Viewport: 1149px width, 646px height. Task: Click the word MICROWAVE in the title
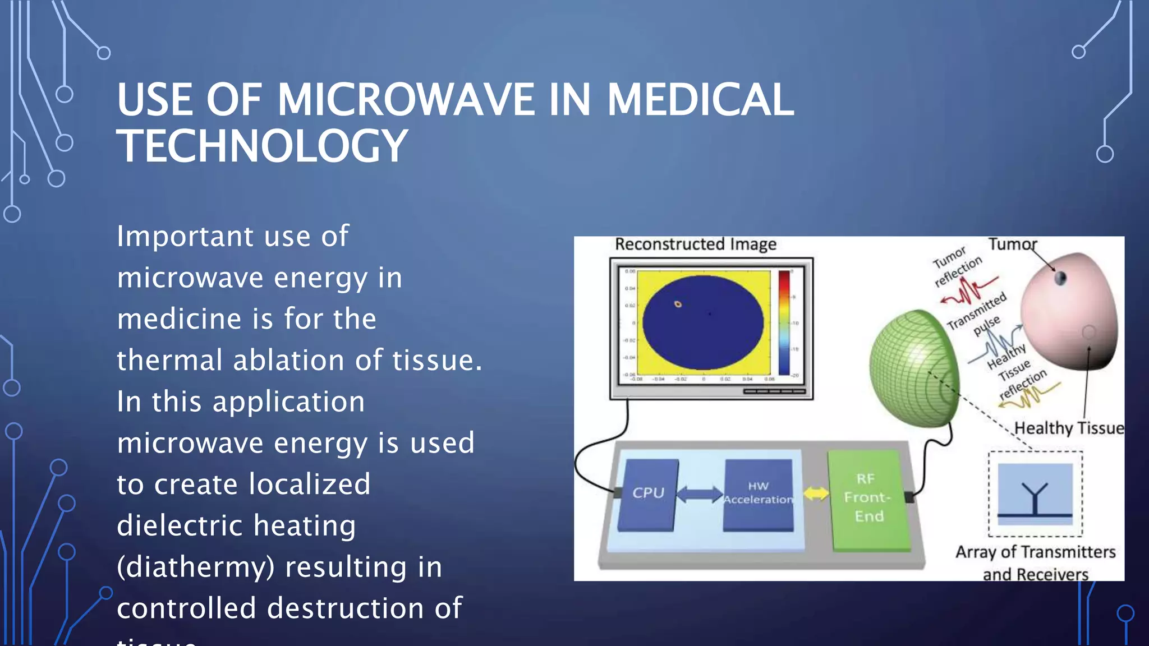406,100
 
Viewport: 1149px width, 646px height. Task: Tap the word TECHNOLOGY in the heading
262,146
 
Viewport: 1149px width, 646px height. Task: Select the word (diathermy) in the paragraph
196,567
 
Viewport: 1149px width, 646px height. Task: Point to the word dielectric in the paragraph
180,525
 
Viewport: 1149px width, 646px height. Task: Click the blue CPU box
648,493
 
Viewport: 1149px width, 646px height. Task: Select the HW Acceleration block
758,493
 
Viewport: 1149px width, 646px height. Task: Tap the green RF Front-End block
867,497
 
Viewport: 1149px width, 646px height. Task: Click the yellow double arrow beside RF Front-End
816,493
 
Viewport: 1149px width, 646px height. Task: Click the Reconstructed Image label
696,244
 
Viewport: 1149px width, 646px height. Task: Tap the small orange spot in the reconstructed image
678,304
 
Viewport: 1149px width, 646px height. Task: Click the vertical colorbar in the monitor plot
784,322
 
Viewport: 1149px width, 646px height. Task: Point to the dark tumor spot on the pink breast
1060,278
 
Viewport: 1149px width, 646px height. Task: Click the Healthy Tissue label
1069,428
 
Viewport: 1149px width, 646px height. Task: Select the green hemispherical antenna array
912,367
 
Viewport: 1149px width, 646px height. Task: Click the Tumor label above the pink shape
1012,244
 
